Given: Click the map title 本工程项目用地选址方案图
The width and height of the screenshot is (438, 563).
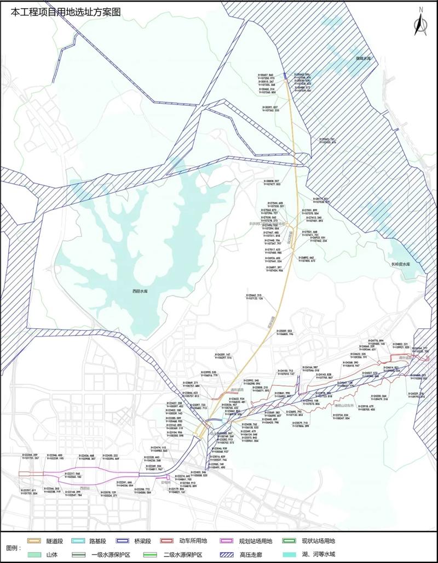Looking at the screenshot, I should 61,11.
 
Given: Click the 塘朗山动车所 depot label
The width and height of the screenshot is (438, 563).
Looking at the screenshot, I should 344,406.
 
